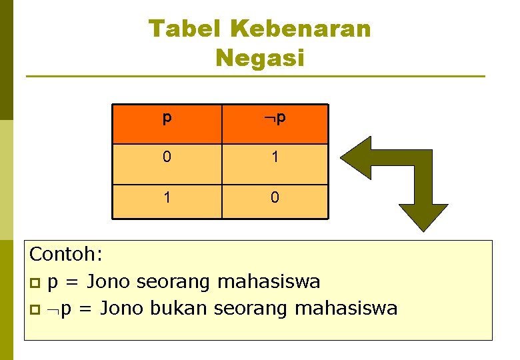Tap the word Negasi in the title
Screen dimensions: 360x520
(x=259, y=58)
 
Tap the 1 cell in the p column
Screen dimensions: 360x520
(x=167, y=198)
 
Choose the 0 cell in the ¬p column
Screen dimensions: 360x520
(x=275, y=198)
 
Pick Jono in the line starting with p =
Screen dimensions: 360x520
(x=110, y=281)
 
